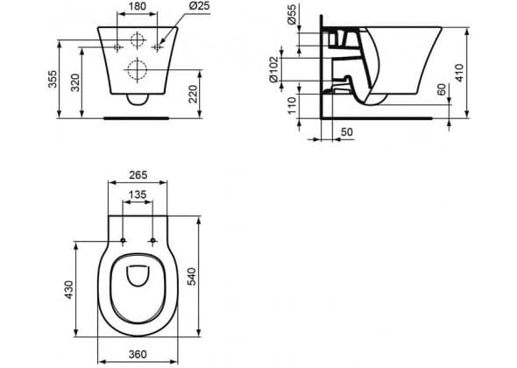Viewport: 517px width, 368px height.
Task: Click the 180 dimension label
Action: [x=138, y=6]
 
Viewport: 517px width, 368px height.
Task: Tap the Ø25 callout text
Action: [x=200, y=6]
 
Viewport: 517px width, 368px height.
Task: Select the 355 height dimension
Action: [x=53, y=79]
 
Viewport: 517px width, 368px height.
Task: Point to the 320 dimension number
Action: [x=75, y=82]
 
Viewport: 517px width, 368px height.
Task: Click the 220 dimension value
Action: [x=193, y=94]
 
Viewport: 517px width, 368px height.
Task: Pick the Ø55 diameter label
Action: [x=292, y=15]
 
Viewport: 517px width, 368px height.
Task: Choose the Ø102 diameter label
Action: [x=273, y=69]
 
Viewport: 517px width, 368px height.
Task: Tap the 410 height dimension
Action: [x=459, y=73]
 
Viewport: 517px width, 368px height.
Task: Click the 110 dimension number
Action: [x=292, y=105]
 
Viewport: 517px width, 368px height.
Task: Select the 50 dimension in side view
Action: [x=346, y=132]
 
